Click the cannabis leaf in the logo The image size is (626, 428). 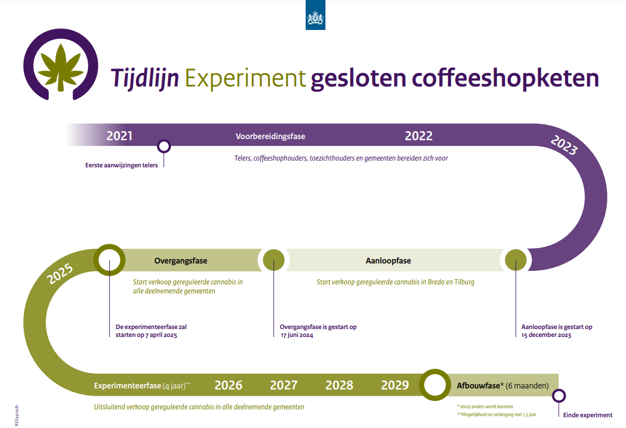(61, 67)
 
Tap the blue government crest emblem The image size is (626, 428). (315, 15)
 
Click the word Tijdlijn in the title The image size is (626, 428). (144, 78)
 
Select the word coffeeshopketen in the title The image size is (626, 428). (505, 77)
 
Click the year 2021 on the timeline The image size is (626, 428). (119, 136)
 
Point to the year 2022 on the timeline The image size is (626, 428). (418, 136)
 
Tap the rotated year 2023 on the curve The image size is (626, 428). (564, 145)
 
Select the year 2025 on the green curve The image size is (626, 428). (60, 274)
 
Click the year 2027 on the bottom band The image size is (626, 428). (284, 386)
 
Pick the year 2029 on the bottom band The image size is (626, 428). (395, 386)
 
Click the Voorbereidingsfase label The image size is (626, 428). (271, 136)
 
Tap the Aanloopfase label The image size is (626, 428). (388, 261)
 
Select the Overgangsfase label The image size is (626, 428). (181, 261)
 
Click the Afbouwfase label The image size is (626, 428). (479, 386)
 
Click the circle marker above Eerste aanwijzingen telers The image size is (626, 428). (164, 146)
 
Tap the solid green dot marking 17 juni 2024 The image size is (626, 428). (274, 260)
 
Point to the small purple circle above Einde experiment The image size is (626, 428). (559, 396)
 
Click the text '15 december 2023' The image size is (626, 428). (546, 335)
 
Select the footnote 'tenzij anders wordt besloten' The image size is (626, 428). (486, 407)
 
